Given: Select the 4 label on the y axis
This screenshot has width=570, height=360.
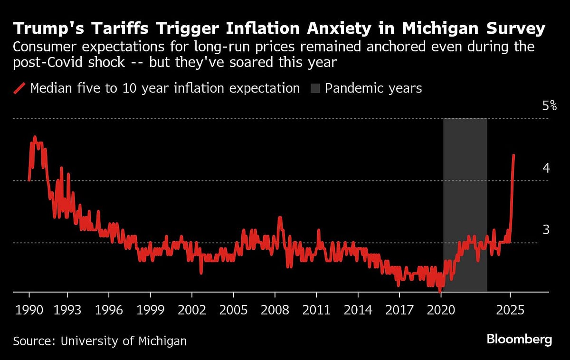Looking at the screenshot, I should click(x=546, y=168).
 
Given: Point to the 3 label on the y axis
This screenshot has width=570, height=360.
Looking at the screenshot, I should click(x=546, y=230).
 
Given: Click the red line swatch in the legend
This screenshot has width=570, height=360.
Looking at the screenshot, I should click(x=19, y=88).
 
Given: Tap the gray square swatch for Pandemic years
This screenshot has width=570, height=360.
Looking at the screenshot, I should click(x=315, y=88).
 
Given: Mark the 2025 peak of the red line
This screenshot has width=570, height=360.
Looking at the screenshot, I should click(x=514, y=155).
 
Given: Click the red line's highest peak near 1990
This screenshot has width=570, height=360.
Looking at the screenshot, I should click(x=34, y=137).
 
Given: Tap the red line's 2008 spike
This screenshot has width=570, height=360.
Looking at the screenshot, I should click(x=280, y=218).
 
